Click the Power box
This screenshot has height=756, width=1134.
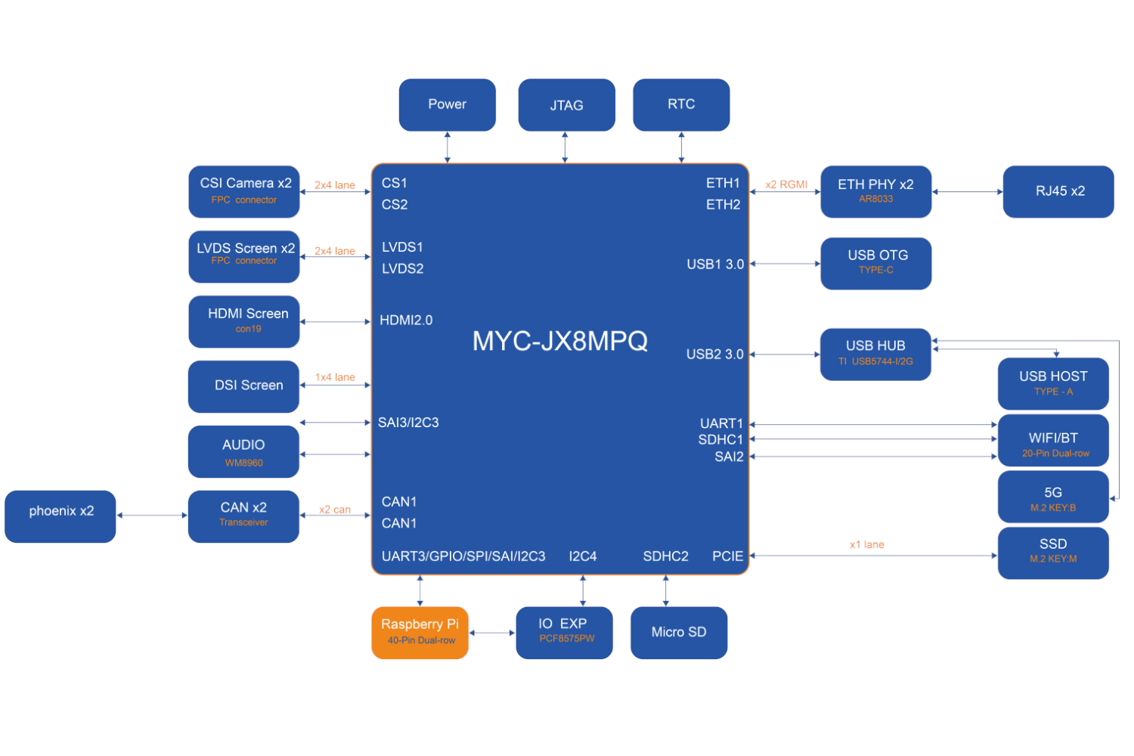tap(447, 105)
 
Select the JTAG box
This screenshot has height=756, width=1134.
tap(566, 105)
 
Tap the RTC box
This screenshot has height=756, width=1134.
tap(681, 105)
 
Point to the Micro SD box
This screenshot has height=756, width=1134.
tap(679, 633)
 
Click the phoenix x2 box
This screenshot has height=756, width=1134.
tap(60, 516)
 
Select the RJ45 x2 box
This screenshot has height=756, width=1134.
tap(1058, 191)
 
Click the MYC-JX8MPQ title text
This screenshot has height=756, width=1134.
tap(559, 341)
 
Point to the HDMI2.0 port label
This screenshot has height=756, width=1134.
tap(406, 321)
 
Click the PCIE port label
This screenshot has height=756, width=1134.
tap(727, 556)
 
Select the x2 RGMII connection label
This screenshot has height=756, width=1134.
tap(786, 184)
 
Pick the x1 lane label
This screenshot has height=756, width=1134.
tap(866, 544)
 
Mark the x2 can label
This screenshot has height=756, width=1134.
tap(334, 510)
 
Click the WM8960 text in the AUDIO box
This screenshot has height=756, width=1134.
tap(243, 463)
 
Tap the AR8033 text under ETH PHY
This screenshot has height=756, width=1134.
tap(875, 199)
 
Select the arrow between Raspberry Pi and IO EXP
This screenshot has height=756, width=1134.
tap(492, 633)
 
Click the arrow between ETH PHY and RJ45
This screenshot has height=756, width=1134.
tap(967, 192)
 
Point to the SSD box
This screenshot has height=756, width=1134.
tap(1053, 553)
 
